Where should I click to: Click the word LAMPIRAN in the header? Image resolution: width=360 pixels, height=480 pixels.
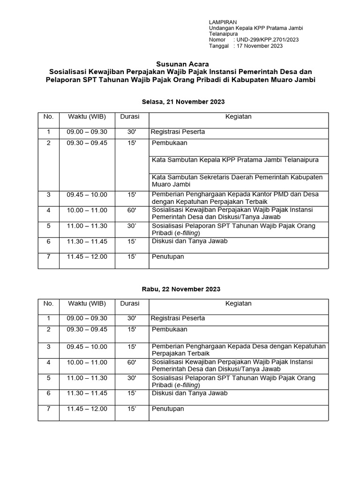click(223, 22)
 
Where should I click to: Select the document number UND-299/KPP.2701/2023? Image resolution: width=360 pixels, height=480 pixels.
click(266, 40)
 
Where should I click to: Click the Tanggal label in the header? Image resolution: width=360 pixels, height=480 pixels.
click(218, 46)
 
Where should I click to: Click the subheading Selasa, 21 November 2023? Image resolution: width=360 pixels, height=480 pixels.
click(183, 102)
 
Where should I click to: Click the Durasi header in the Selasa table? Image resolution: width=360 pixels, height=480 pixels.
click(130, 117)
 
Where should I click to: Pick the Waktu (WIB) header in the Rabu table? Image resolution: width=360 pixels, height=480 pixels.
click(87, 303)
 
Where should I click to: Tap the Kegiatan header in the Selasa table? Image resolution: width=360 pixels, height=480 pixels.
click(238, 117)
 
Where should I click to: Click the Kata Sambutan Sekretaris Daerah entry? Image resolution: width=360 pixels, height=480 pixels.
click(237, 181)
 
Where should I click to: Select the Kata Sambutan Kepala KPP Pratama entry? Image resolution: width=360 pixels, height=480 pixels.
click(235, 160)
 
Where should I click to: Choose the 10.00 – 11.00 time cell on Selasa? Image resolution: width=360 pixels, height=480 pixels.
click(87, 210)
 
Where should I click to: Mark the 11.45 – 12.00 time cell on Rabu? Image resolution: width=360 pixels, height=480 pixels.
click(87, 409)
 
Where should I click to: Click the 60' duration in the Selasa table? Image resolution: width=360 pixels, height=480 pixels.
click(131, 210)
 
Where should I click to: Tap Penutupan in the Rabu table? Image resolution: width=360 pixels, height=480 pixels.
click(168, 409)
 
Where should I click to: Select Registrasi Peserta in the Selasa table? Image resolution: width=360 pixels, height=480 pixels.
click(178, 132)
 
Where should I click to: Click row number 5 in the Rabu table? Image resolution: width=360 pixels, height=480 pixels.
click(48, 378)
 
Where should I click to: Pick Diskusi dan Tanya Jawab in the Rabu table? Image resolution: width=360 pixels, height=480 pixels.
click(190, 393)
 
